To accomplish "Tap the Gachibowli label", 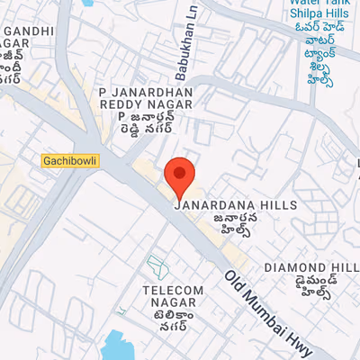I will pos(69,161).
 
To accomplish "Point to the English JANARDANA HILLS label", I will pos(235,205).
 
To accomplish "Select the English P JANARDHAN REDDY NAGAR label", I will pos(146,99).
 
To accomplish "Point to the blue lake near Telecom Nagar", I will pos(117,346).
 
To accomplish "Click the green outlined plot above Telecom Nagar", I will pos(157,265).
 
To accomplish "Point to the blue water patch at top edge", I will pos(90,3).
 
